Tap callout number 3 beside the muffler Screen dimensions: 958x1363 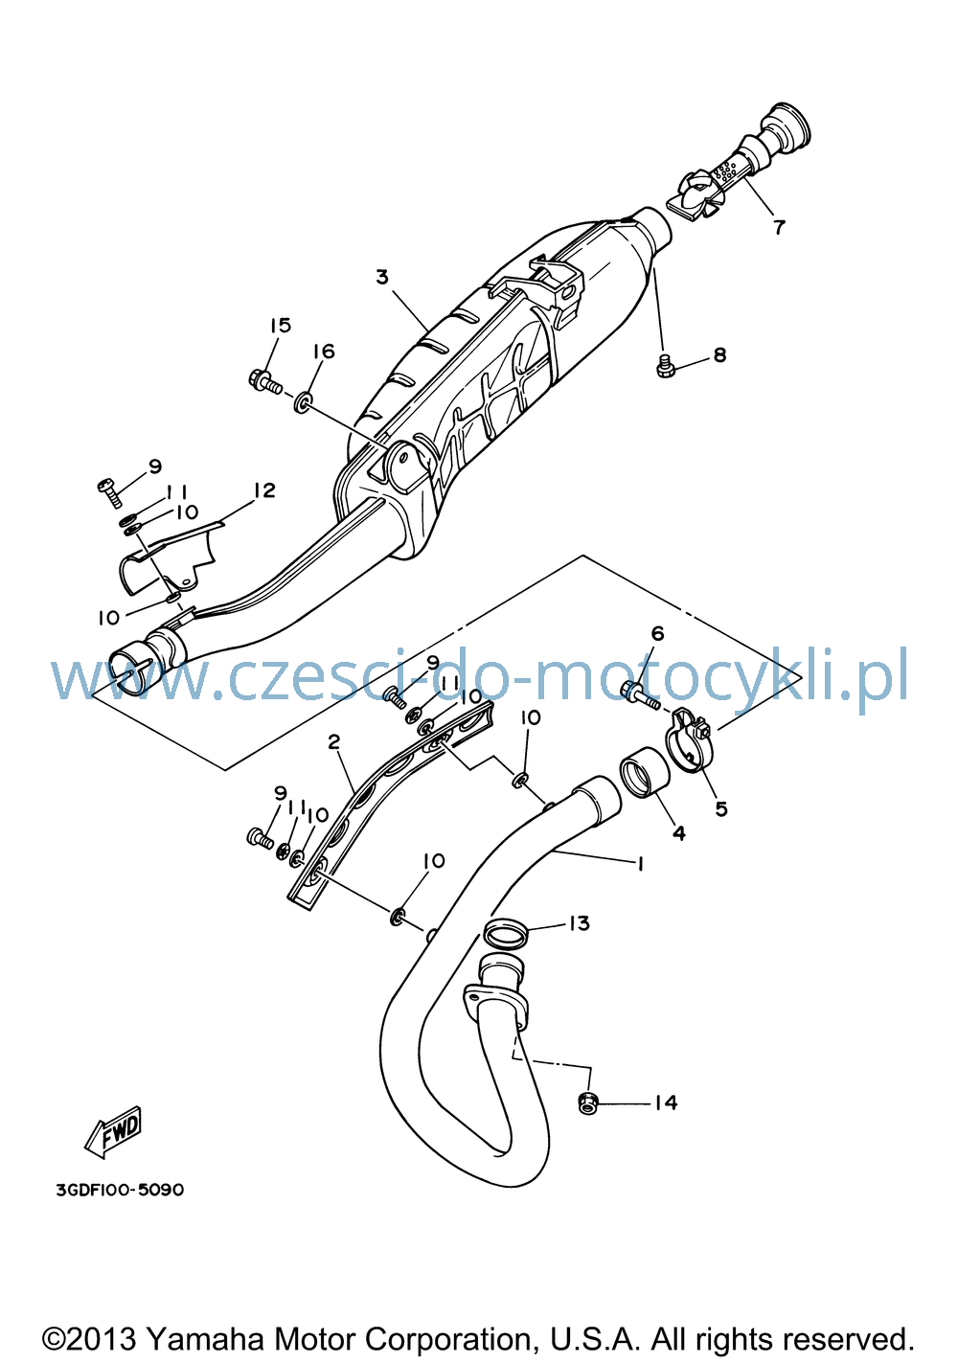pyautogui.click(x=381, y=278)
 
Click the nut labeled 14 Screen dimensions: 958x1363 pyautogui.click(x=586, y=1102)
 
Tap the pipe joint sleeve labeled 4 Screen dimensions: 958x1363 pyautogui.click(x=644, y=773)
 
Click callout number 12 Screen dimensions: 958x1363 pyautogui.click(x=264, y=489)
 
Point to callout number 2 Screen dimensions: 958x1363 pyautogui.click(x=333, y=741)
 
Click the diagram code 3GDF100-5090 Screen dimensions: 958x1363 pyautogui.click(x=120, y=1190)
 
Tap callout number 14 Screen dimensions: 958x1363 pyautogui.click(x=666, y=1102)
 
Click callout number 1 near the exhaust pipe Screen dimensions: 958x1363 pyautogui.click(x=640, y=863)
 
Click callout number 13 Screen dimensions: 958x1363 pyautogui.click(x=579, y=923)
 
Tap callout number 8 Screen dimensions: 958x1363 pyautogui.click(x=720, y=354)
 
